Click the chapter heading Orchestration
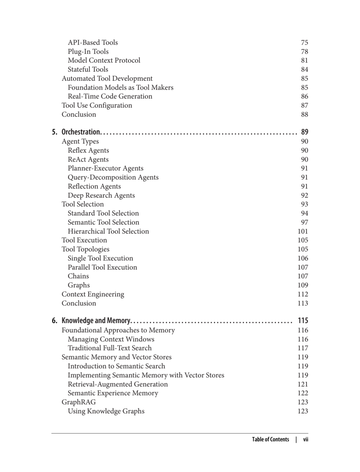tap(81, 132)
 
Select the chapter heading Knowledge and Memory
tap(96, 320)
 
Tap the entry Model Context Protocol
tap(104, 60)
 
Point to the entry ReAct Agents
tap(88, 159)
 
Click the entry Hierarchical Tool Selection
tap(108, 231)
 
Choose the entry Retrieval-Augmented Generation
tap(118, 384)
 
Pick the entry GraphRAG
tap(79, 402)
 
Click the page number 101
tap(303, 231)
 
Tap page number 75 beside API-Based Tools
tap(304, 42)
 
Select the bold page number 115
tap(303, 320)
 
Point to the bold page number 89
tap(304, 132)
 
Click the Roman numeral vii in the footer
tap(306, 439)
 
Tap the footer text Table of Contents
tap(270, 439)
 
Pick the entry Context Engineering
tap(93, 294)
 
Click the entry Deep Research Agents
tap(101, 195)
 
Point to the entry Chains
tap(78, 276)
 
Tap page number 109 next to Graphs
tap(303, 285)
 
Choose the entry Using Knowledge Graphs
tap(106, 411)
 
